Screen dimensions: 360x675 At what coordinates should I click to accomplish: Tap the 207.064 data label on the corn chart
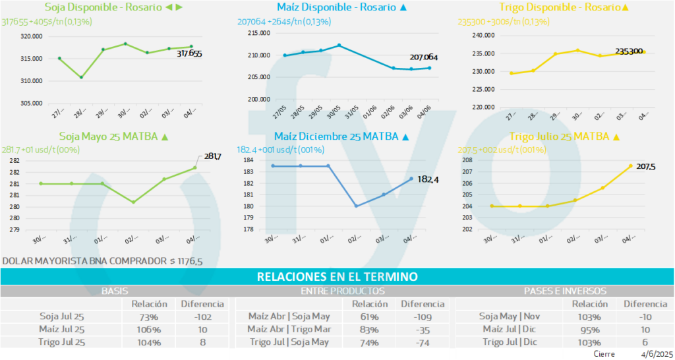point(423,58)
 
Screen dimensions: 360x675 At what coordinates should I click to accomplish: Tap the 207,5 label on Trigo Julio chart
point(646,167)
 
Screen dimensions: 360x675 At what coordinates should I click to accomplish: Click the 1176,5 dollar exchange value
point(188,261)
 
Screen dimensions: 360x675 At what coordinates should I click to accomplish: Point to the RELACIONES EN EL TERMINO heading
point(337,277)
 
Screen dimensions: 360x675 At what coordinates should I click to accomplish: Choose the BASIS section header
point(115,291)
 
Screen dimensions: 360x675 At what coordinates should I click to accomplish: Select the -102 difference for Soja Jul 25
point(202,316)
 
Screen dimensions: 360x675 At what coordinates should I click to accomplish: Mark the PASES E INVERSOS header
point(565,291)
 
